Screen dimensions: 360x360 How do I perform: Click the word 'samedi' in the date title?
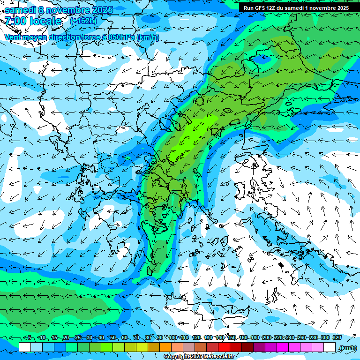(21, 10)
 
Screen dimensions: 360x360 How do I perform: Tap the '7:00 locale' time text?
(33, 21)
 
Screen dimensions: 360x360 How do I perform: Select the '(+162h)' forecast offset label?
(83, 21)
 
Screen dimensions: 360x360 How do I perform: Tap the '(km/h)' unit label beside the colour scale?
(347, 347)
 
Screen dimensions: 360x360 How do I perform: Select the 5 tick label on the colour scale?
(30, 337)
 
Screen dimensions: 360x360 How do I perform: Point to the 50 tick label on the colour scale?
(113, 337)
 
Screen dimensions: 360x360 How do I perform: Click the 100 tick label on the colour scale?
(172, 337)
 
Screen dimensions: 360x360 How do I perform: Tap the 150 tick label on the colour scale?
(232, 337)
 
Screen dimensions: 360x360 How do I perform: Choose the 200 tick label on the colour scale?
(267, 337)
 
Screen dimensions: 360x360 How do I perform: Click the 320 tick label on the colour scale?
(337, 337)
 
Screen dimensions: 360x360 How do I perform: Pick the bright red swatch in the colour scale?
(224, 347)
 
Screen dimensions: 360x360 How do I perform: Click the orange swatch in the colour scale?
(165, 347)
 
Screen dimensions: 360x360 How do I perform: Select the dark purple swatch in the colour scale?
(259, 347)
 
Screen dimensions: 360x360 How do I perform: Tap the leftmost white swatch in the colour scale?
(25, 347)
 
